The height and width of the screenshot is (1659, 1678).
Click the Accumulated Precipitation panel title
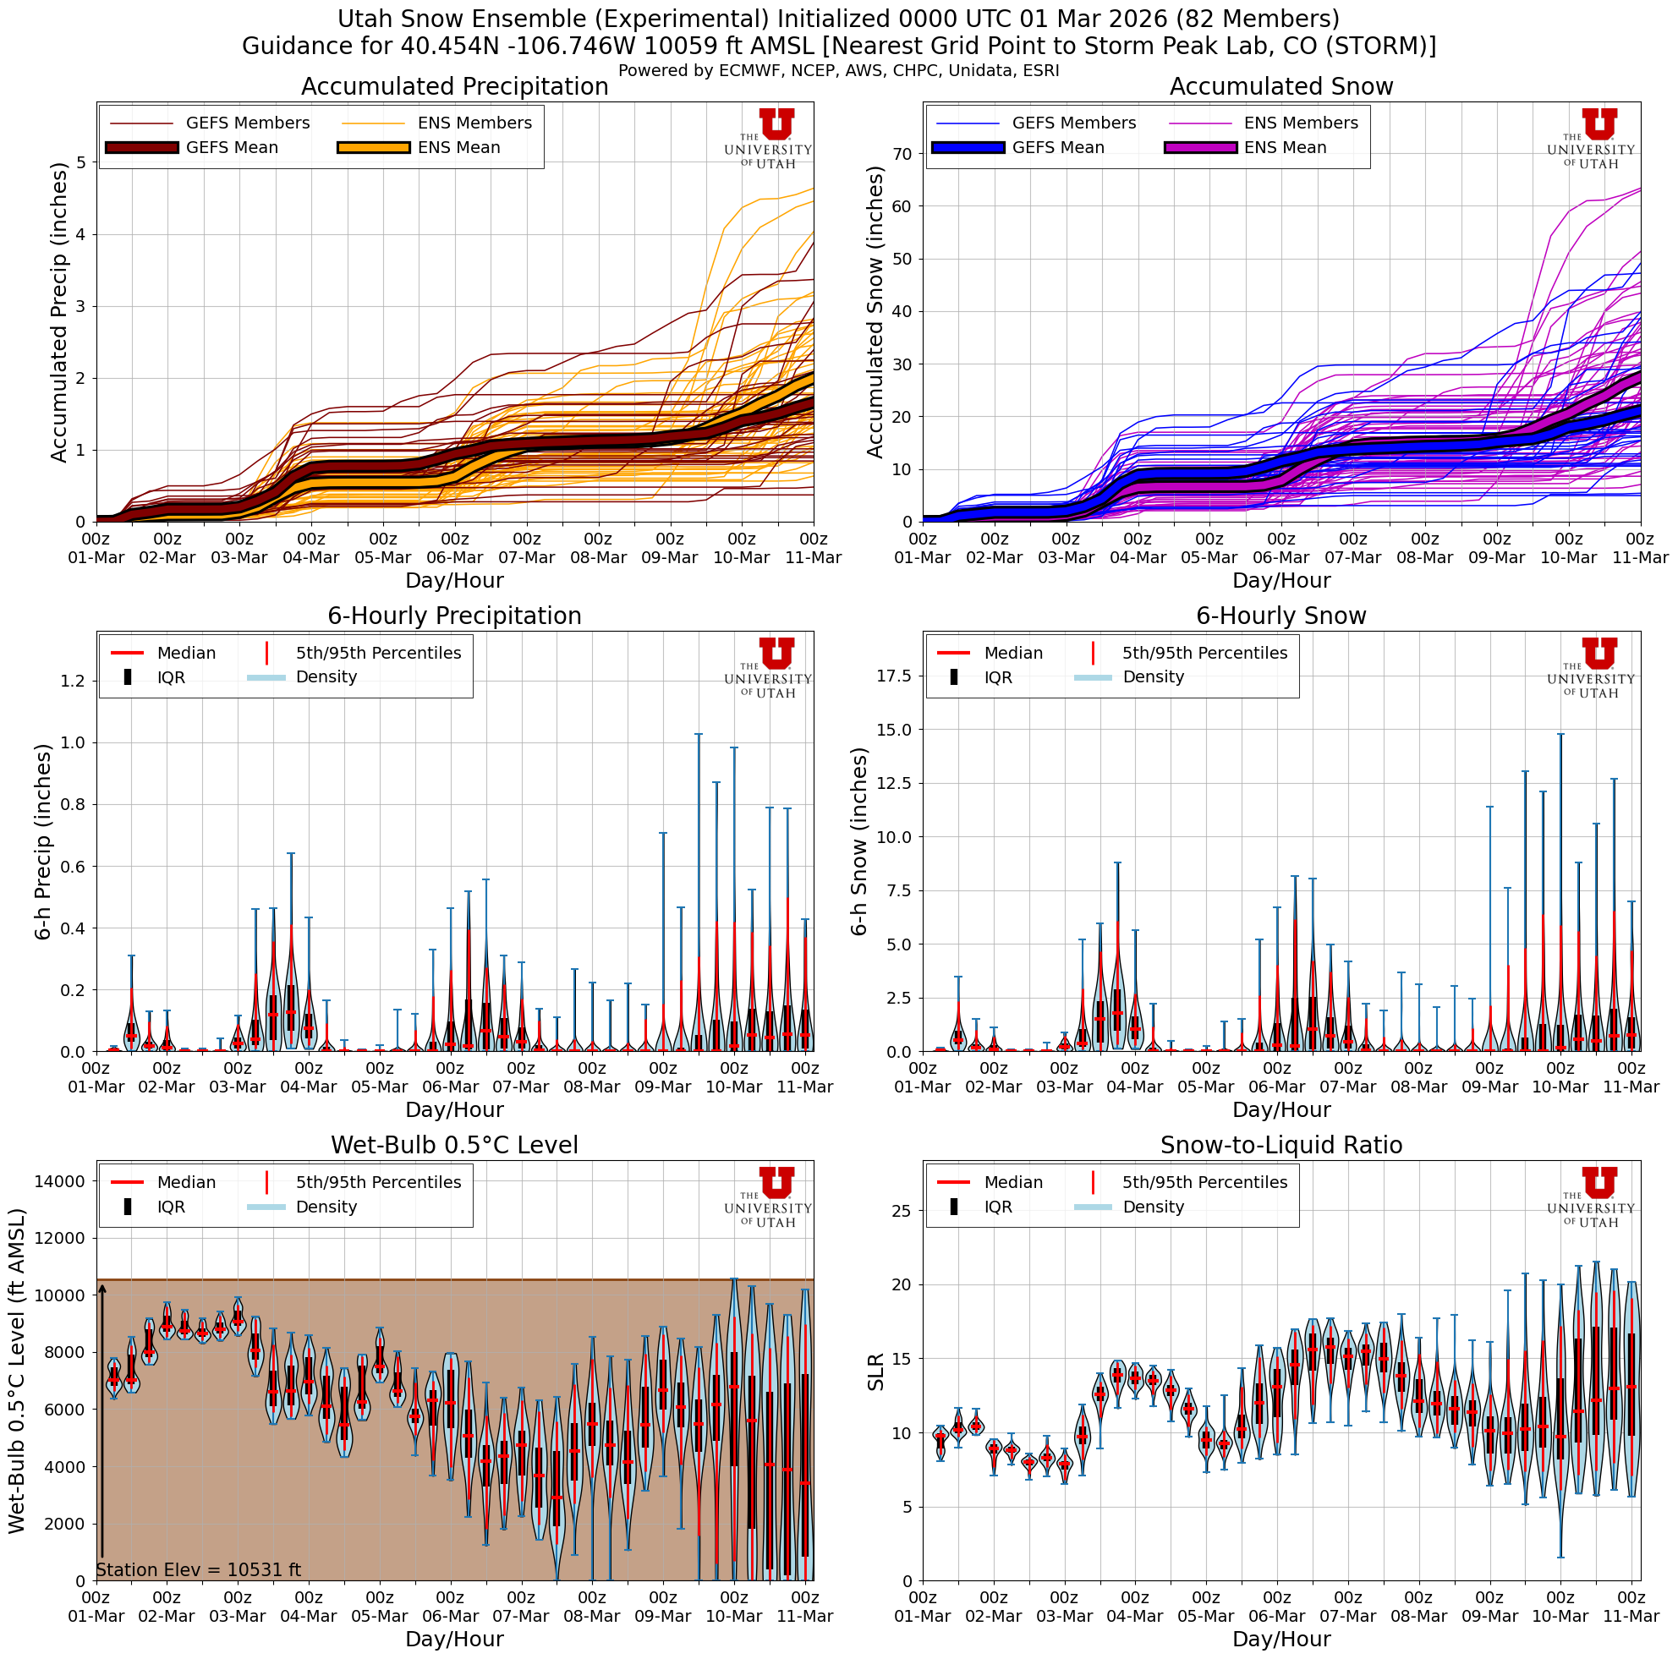454,87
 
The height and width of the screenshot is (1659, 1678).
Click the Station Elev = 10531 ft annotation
198,1569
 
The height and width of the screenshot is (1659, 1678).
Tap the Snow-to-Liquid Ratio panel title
1281,1145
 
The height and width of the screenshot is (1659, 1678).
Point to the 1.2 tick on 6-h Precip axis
73,681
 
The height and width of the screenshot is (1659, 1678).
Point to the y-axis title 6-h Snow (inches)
859,841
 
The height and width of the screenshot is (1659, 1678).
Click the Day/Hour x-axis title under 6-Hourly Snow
1281,1109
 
